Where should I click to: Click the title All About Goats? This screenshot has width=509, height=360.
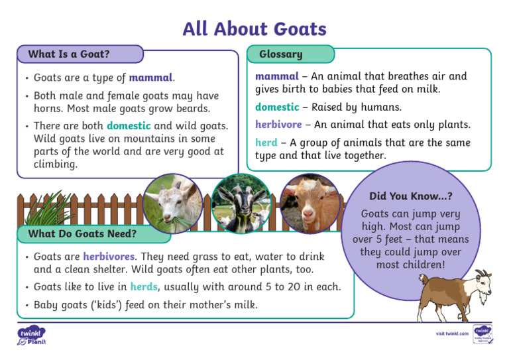(254, 29)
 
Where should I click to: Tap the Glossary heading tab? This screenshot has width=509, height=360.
(280, 54)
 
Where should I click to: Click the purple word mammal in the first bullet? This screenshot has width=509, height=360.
(150, 78)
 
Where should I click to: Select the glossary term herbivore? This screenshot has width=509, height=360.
(278, 124)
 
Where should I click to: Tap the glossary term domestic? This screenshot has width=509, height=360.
(277, 107)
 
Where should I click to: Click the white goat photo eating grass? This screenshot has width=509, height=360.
(172, 204)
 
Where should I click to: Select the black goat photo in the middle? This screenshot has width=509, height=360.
(241, 204)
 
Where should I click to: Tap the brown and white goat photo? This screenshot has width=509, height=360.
(309, 204)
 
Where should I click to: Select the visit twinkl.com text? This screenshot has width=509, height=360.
(452, 333)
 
